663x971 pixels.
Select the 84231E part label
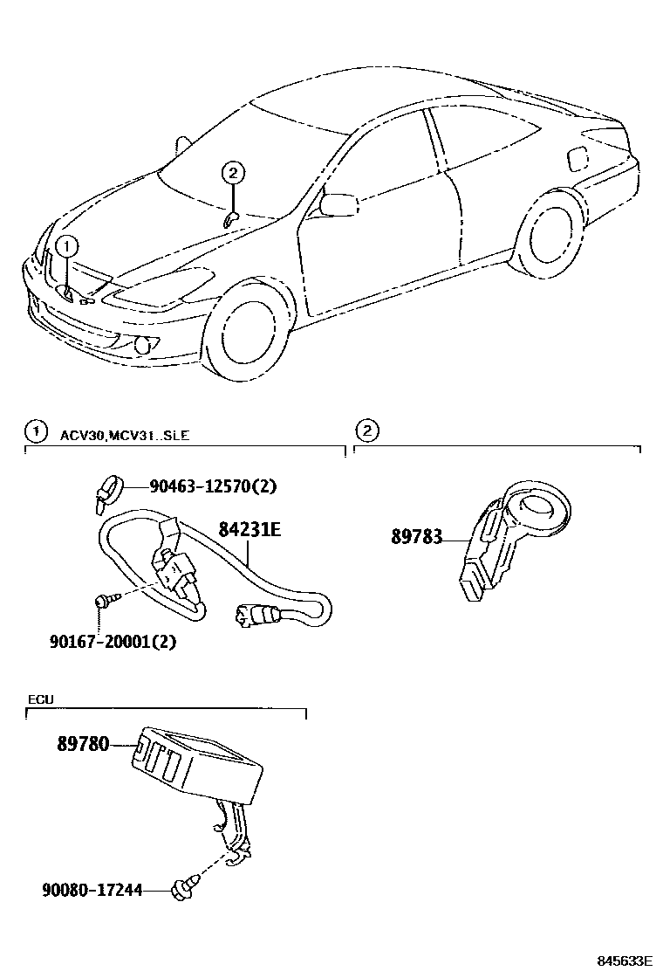click(249, 528)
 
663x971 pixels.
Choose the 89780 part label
click(84, 745)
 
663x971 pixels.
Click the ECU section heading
click(41, 699)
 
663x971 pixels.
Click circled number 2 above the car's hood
click(232, 174)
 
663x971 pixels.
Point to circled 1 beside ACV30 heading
click(35, 430)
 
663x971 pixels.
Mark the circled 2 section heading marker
click(368, 430)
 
